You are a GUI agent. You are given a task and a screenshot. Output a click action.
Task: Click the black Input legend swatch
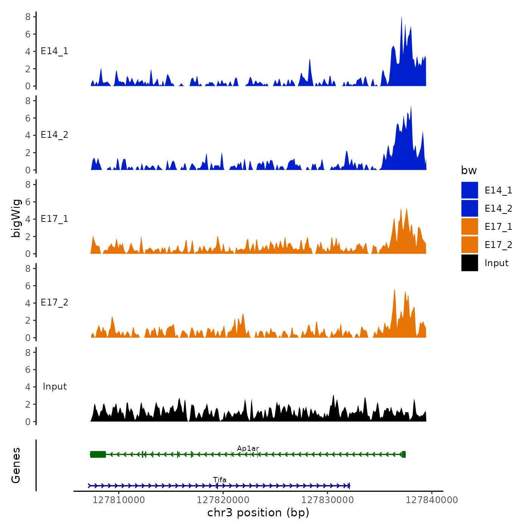pyautogui.click(x=469, y=263)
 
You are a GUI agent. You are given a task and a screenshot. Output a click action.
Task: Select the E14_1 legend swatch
pyautogui.click(x=469, y=190)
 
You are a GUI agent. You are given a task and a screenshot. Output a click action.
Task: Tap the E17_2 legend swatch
pyautogui.click(x=469, y=245)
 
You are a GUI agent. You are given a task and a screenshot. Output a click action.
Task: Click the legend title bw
pyautogui.click(x=469, y=171)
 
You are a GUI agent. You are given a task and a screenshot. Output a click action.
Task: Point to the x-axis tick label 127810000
pyautogui.click(x=118, y=500)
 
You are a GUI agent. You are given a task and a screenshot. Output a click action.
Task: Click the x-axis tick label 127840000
pyautogui.click(x=432, y=500)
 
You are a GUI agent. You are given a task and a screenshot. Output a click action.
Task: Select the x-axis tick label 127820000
pyautogui.click(x=223, y=500)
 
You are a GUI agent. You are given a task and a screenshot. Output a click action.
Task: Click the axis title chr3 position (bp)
pyautogui.click(x=258, y=513)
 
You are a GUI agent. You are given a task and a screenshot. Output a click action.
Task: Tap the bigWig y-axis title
pyautogui.click(x=16, y=218)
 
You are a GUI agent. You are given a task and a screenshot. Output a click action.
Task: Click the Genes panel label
pyautogui.click(x=16, y=465)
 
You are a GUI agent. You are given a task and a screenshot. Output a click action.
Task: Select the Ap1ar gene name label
pyautogui.click(x=248, y=449)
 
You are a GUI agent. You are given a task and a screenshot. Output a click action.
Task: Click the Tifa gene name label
pyautogui.click(x=220, y=480)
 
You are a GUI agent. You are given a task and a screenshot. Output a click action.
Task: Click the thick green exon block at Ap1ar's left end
pyautogui.click(x=98, y=454)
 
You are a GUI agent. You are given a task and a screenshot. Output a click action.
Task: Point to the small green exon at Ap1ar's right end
pyautogui.click(x=404, y=454)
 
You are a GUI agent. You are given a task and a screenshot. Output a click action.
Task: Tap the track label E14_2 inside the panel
pyautogui.click(x=55, y=135)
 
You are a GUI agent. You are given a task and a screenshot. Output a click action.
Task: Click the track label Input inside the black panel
pyautogui.click(x=55, y=387)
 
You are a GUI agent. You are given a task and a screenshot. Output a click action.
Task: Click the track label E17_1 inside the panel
pyautogui.click(x=55, y=219)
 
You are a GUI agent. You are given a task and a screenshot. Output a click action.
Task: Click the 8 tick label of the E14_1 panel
pyautogui.click(x=28, y=17)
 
